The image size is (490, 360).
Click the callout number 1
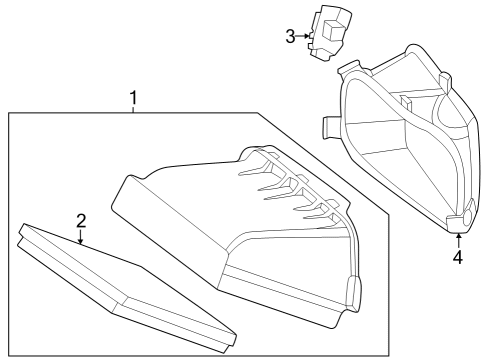click(x=133, y=98)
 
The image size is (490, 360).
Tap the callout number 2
click(x=81, y=221)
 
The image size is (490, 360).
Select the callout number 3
click(x=290, y=36)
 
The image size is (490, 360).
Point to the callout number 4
click(x=459, y=257)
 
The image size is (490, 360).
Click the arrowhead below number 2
click(x=80, y=242)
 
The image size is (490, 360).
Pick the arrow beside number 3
click(x=303, y=36)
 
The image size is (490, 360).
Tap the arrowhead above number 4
click(x=459, y=236)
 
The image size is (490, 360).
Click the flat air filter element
click(x=127, y=288)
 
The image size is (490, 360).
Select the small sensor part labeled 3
click(x=329, y=33)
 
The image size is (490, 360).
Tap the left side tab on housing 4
click(x=330, y=127)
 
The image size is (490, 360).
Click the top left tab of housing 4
click(x=350, y=68)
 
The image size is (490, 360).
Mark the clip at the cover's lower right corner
click(x=354, y=292)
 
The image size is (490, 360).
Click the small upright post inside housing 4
click(x=406, y=104)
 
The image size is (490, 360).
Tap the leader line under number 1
click(x=133, y=109)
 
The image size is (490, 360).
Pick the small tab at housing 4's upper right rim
click(x=445, y=81)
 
